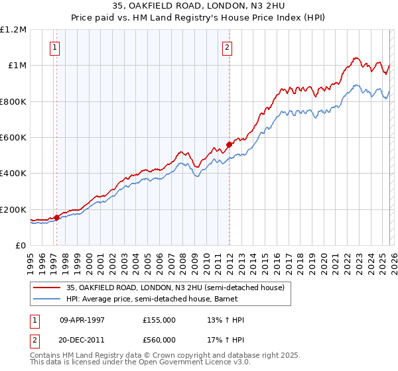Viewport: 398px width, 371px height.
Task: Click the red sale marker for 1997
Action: point(57,217)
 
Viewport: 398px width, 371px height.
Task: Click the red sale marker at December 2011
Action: point(229,144)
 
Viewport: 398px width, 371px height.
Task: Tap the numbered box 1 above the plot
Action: point(54,47)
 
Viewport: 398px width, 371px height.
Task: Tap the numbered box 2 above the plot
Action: point(227,47)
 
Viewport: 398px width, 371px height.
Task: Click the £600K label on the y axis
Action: point(13,138)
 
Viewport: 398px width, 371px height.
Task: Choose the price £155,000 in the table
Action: point(159,320)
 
